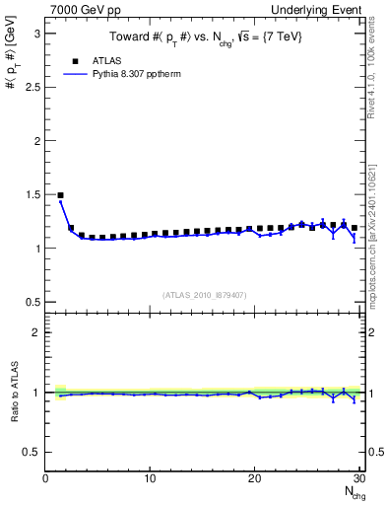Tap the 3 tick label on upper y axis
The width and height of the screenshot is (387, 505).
point(36,33)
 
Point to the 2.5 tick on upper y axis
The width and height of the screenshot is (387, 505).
point(32,87)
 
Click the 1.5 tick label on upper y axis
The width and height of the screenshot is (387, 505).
point(32,194)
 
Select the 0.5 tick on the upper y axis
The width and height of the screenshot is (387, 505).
point(32,302)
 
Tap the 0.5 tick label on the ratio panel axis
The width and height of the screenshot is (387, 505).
point(32,452)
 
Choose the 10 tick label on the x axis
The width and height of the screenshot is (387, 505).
point(150,479)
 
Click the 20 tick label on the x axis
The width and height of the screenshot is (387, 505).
point(255,479)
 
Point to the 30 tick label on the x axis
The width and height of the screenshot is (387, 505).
point(359,479)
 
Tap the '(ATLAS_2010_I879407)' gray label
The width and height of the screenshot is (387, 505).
point(205,294)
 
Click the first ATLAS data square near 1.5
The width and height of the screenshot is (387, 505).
point(60,195)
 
